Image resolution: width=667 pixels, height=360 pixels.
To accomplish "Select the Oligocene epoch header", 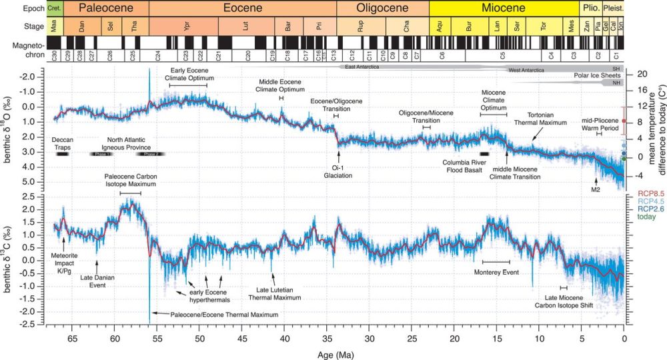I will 382,9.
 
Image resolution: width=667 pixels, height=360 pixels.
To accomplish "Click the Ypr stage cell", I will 186,31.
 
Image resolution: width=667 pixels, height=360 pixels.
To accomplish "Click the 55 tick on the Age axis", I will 157,337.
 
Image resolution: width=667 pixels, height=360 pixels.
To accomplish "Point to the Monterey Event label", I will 496,272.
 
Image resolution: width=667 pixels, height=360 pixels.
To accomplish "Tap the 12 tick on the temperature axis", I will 634,106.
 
